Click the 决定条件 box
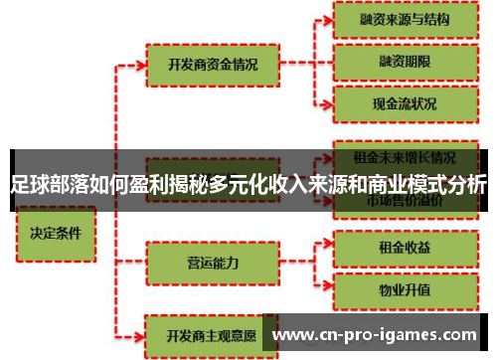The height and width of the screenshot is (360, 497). (x=55, y=237)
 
